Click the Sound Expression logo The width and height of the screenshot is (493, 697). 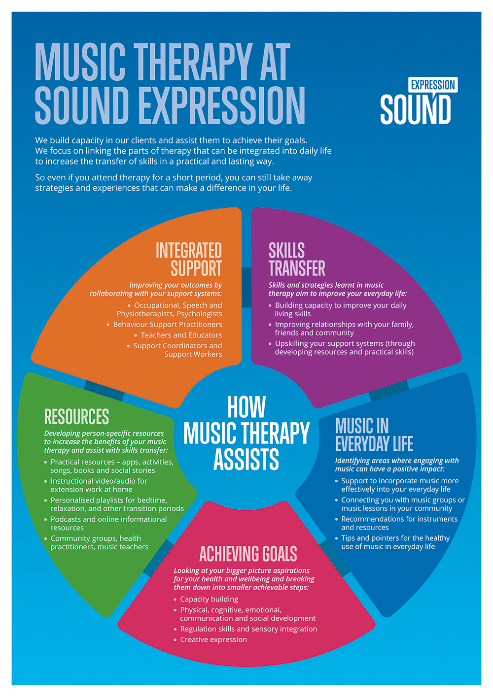point(418,102)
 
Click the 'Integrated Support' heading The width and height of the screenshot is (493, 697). point(189,259)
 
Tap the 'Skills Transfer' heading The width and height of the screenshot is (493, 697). point(296,259)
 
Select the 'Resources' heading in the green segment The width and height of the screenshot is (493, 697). point(76,417)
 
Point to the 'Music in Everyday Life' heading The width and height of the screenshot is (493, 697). point(374,434)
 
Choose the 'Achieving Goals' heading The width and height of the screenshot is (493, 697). point(248,554)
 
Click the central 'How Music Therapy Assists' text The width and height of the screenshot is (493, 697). point(246,433)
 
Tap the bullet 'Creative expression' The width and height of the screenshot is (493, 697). point(213,639)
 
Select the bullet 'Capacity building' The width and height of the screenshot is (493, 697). point(209,599)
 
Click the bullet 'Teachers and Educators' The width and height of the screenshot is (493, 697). point(181,335)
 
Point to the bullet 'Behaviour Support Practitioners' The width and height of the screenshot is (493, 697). point(167,324)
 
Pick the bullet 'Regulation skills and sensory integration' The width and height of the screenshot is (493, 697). point(248,629)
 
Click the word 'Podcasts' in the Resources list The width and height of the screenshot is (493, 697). point(66,519)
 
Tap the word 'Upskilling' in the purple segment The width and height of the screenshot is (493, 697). point(294,343)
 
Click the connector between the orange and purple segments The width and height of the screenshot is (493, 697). point(246,287)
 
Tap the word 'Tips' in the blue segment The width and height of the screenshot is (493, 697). point(348,538)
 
